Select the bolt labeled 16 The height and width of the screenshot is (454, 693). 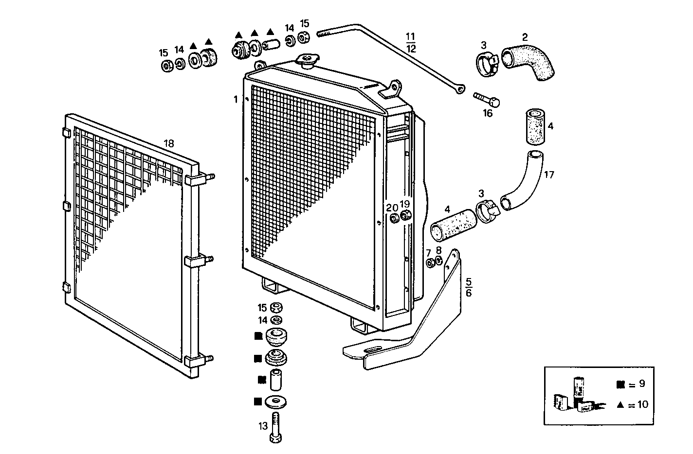(x=487, y=100)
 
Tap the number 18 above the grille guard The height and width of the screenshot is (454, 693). (x=168, y=143)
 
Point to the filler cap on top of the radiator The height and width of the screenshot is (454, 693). (x=307, y=61)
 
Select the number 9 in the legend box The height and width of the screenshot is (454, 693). (x=642, y=384)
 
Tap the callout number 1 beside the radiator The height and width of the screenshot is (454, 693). (x=236, y=99)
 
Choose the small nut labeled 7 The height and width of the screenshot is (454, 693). (x=430, y=263)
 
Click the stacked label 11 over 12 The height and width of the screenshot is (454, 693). (x=411, y=42)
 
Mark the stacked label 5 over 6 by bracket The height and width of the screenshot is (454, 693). (x=469, y=287)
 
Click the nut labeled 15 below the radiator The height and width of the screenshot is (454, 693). (x=276, y=308)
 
